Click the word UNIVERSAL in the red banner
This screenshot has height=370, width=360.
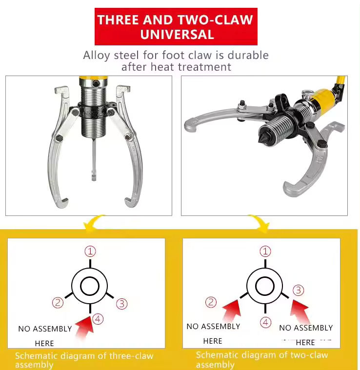177,35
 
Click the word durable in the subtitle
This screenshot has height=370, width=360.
248,55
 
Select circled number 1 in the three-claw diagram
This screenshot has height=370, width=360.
90,252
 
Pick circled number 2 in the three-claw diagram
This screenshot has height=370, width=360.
58,302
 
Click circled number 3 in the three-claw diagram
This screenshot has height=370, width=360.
122,304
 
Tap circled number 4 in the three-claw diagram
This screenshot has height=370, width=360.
98,319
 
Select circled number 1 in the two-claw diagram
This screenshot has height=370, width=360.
265,252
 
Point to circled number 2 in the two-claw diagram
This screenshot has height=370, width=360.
211,302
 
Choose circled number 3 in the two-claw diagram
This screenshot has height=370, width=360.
299,290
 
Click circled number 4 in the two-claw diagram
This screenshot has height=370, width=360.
265,322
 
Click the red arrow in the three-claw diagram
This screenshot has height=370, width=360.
84,327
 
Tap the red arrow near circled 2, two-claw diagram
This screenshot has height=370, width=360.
232,311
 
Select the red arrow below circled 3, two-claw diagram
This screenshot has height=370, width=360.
300,312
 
